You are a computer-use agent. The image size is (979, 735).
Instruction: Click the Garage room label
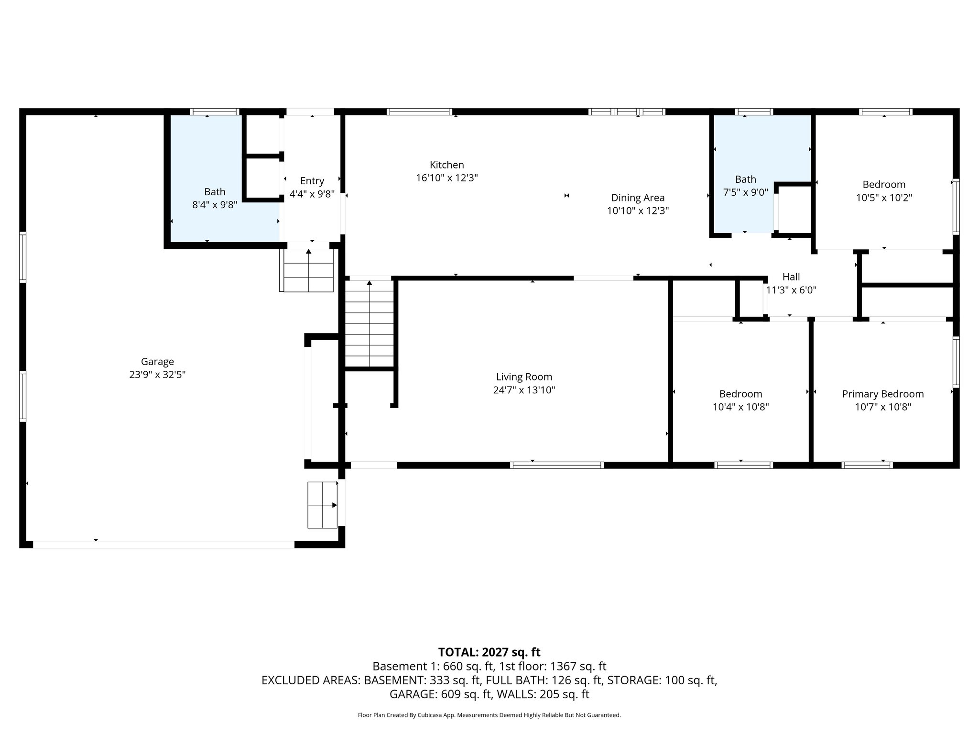point(157,362)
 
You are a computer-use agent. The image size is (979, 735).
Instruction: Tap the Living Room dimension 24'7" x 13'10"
point(524,390)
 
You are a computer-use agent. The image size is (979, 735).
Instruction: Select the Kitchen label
point(447,165)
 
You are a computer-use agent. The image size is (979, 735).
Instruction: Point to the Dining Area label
point(638,198)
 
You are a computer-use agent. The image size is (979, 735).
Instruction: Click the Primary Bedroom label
point(882,394)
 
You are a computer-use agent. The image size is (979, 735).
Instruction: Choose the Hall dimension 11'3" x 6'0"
point(791,290)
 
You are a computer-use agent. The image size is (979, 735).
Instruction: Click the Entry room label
point(312,181)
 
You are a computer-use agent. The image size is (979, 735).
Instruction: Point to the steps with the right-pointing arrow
point(322,505)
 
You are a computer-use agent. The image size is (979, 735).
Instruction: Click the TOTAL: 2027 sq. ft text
point(489,652)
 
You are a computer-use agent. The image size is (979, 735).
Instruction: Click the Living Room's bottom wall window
point(556,465)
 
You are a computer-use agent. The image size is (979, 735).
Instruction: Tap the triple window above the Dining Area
point(626,112)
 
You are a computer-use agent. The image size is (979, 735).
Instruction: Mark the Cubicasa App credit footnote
point(489,715)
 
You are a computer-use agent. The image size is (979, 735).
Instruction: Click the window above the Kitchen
point(419,112)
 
